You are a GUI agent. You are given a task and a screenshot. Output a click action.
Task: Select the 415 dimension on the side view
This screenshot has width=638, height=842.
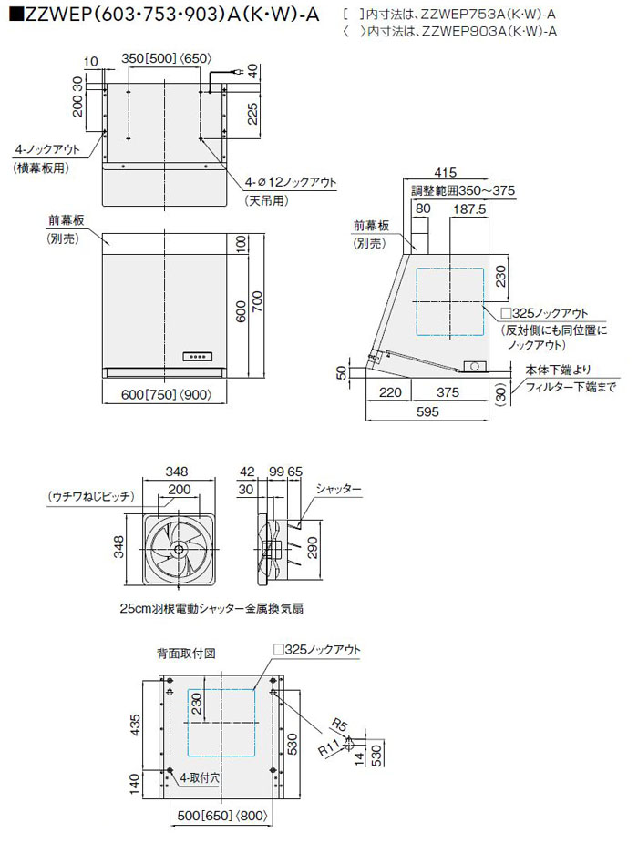pos(446,173)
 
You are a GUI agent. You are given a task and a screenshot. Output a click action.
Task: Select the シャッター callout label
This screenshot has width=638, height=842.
pos(339,490)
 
